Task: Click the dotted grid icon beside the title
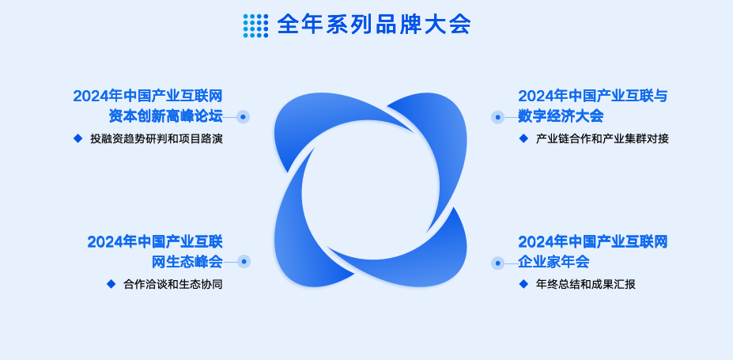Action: pyautogui.click(x=255, y=25)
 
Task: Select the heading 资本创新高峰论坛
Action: pyautogui.click(x=165, y=116)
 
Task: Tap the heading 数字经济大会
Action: pyautogui.click(x=561, y=116)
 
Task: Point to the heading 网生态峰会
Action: pyautogui.click(x=187, y=261)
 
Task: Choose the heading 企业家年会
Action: pyautogui.click(x=554, y=261)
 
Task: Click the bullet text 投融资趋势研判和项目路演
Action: pyautogui.click(x=157, y=139)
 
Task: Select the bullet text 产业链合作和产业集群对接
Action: pyautogui.click(x=603, y=139)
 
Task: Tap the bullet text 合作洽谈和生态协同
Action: pyautogui.click(x=173, y=284)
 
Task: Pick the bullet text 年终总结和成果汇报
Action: pyautogui.click(x=586, y=284)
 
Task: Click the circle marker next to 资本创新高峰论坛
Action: pyautogui.click(x=243, y=117)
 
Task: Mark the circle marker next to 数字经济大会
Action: pyautogui.click(x=498, y=117)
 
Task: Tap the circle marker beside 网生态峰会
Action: pyautogui.click(x=244, y=261)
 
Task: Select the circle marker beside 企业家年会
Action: pyautogui.click(x=498, y=263)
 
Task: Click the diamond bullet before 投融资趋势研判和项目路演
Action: pyautogui.click(x=78, y=138)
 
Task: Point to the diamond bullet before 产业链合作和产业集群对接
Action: pyautogui.click(x=523, y=138)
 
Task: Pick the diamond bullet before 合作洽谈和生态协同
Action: pyautogui.click(x=111, y=284)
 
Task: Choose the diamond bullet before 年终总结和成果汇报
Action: pyautogui.click(x=523, y=284)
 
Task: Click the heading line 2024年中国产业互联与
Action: pyautogui.click(x=593, y=97)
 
